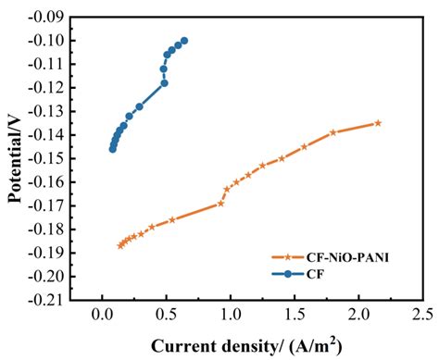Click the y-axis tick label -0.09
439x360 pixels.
(x=46, y=17)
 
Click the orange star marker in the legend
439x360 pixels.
(x=287, y=256)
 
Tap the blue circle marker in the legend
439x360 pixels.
(x=287, y=273)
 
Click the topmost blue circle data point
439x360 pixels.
(x=184, y=41)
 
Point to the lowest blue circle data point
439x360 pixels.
(x=113, y=148)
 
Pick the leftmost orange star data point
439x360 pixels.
(x=120, y=245)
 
